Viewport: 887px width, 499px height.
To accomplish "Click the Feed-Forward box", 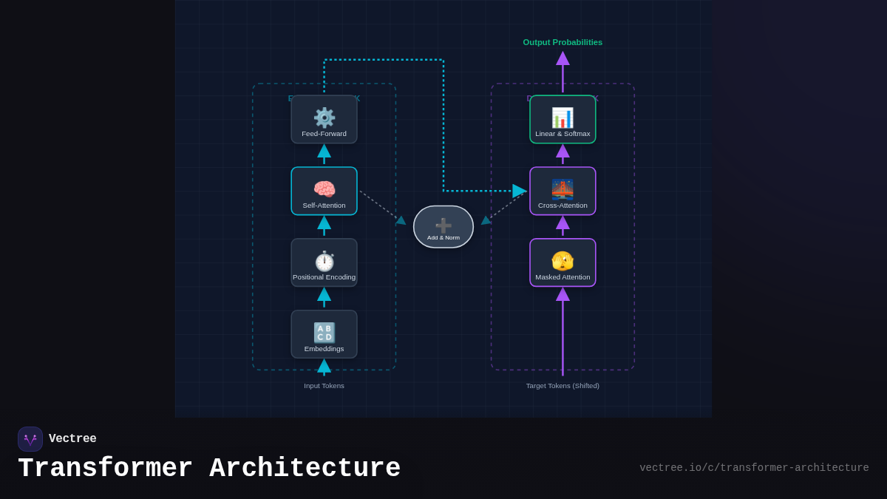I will pos(324,120).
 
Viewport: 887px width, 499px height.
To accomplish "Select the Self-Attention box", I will pos(324,191).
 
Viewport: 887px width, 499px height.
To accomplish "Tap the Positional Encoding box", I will pos(324,263).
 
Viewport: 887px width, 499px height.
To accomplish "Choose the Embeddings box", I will pos(324,335).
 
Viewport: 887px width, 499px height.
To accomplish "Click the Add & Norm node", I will pos(443,227).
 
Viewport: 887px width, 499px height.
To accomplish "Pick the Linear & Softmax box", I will pos(563,120).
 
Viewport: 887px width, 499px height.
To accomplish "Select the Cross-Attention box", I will pos(563,191).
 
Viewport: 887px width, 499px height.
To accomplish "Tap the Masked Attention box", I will pos(563,263).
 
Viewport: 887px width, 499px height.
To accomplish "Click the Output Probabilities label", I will pos(563,42).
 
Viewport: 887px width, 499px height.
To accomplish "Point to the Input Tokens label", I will pos(324,386).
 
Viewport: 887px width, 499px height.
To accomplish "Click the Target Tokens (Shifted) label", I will pos(563,386).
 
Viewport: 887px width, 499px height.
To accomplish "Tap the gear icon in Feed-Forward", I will pos(324,117).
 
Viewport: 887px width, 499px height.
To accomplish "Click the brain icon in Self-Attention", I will pos(324,189).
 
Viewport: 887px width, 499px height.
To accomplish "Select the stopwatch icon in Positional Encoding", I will pos(324,260).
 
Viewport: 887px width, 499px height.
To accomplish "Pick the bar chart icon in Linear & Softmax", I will pos(563,117).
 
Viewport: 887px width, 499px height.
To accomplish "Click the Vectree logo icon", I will pos(30,439).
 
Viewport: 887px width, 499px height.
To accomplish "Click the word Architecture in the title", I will pos(305,469).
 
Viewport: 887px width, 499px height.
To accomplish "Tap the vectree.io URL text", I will pos(754,468).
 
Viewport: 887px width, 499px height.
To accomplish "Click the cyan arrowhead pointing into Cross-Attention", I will pos(520,191).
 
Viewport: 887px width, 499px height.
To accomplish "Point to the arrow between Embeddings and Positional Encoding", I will pos(324,297).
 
